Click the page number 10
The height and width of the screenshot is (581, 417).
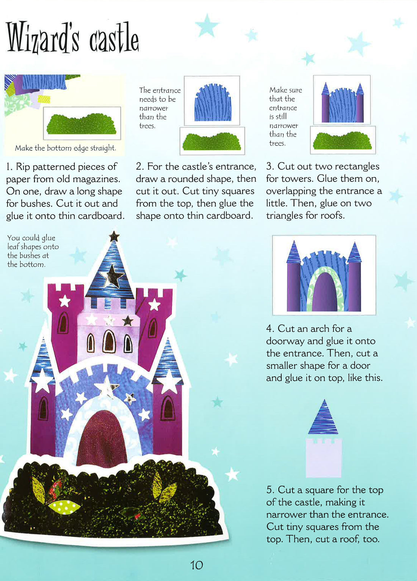(197, 565)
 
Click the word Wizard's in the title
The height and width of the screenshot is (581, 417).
(42, 38)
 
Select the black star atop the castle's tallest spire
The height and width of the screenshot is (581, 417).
(114, 237)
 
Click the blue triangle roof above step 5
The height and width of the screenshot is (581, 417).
(323, 420)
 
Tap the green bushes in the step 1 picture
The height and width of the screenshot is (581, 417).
(81, 124)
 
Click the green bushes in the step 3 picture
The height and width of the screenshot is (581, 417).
(342, 141)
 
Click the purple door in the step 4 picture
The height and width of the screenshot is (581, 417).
(325, 292)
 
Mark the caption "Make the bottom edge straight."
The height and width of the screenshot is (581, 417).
(65, 148)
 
